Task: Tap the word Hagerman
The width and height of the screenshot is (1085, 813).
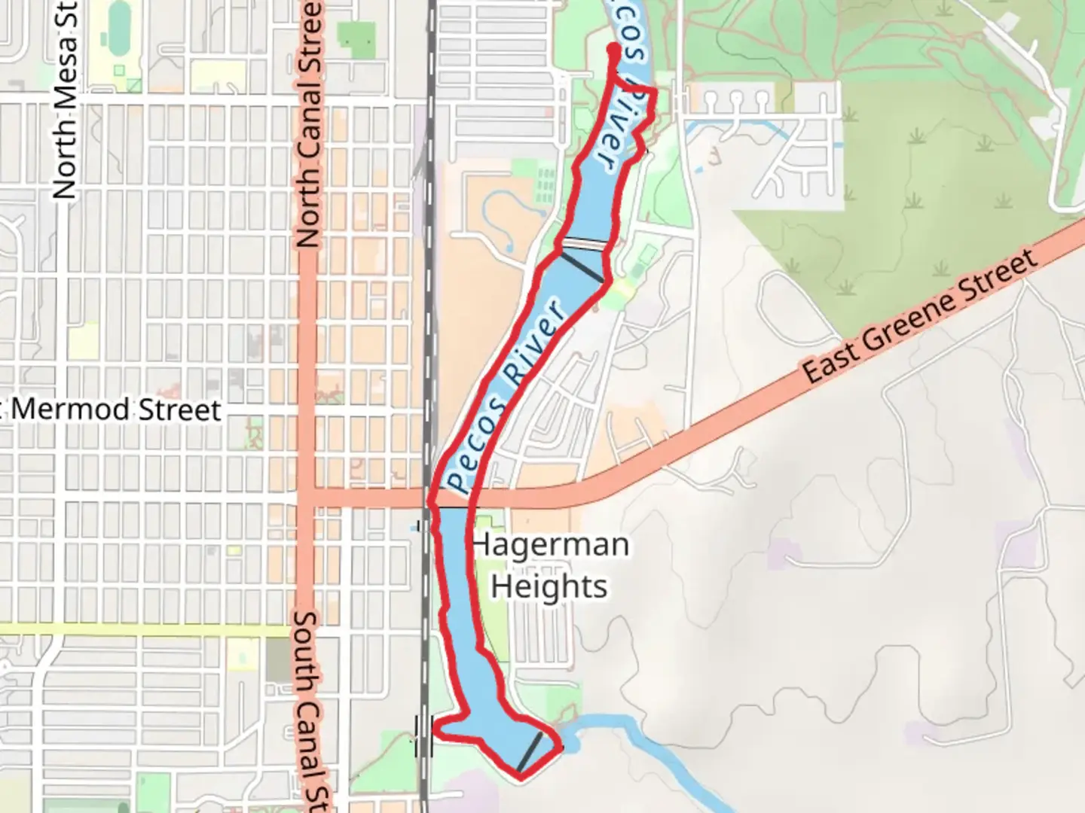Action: [550, 544]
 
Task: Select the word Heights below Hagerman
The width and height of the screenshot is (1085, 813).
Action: [549, 586]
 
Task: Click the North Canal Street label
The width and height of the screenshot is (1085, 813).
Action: [309, 124]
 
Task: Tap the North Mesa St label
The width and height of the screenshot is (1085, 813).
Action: [66, 102]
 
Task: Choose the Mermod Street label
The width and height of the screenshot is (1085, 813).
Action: [117, 410]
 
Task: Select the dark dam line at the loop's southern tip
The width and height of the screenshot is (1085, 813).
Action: [530, 752]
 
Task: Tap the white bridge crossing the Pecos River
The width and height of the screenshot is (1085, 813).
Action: [585, 244]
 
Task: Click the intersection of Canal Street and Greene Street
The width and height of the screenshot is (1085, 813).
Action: [307, 498]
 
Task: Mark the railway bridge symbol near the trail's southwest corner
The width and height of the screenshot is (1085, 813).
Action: [423, 735]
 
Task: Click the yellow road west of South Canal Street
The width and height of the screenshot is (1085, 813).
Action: [143, 629]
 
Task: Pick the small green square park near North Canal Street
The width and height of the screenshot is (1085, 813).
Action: [356, 37]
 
